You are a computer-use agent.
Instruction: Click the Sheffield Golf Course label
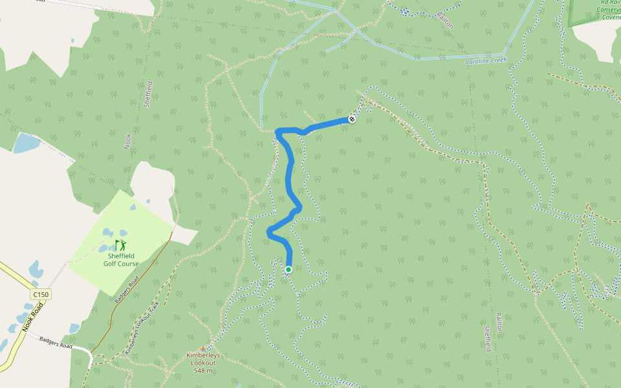121,259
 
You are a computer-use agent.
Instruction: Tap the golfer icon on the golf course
120,244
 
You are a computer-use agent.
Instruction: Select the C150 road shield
40,295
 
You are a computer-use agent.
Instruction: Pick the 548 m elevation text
203,371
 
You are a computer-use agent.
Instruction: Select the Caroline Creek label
485,61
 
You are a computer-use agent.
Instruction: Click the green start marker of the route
289,270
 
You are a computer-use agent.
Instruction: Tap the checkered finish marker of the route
352,119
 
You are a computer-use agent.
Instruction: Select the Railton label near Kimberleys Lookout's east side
499,323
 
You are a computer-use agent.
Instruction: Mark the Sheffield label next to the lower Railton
487,338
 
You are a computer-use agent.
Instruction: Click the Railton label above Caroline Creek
445,19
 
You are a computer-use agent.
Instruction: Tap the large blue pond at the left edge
26,142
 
